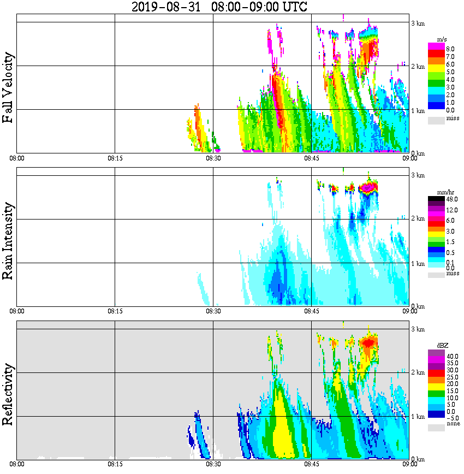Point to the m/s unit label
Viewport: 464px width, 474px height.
coord(442,40)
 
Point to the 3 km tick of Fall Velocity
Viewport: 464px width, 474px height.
coord(418,22)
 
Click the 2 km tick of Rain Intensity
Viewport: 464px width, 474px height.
coord(418,219)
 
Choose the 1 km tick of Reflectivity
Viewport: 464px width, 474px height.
coord(418,417)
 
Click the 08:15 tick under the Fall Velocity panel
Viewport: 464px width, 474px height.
coord(115,158)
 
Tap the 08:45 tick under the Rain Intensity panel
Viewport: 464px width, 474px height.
coord(311,311)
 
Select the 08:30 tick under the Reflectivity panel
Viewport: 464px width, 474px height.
coord(213,464)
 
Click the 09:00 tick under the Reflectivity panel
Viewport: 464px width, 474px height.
coord(409,464)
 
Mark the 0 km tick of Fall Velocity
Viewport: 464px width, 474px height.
coord(418,153)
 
